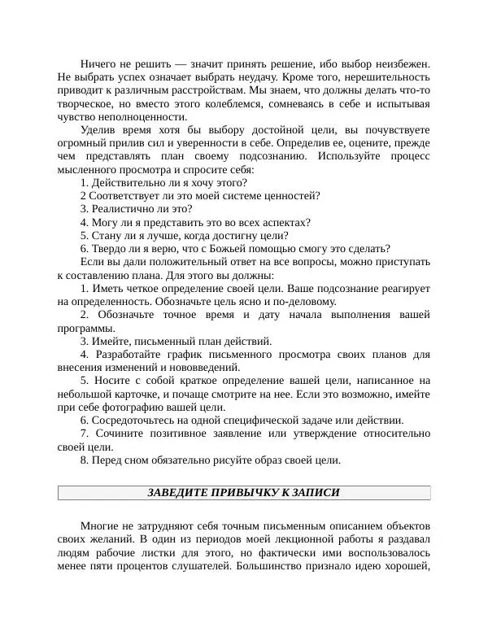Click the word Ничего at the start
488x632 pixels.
click(98, 63)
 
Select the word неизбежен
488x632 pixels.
click(403, 63)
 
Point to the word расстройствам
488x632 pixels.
click(219, 90)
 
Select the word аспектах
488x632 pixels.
click(284, 222)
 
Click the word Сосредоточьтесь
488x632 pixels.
click(135, 421)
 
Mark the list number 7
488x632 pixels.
click(85, 434)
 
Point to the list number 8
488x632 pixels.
click(85, 460)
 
